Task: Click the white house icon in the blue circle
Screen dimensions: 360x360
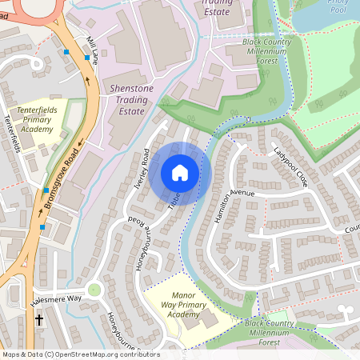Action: (180, 173)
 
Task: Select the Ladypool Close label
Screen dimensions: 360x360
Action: (290, 166)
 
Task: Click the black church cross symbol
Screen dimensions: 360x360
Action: (39, 320)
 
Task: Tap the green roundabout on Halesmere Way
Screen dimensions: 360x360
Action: (94, 290)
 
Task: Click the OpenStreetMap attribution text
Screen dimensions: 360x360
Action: (80, 354)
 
